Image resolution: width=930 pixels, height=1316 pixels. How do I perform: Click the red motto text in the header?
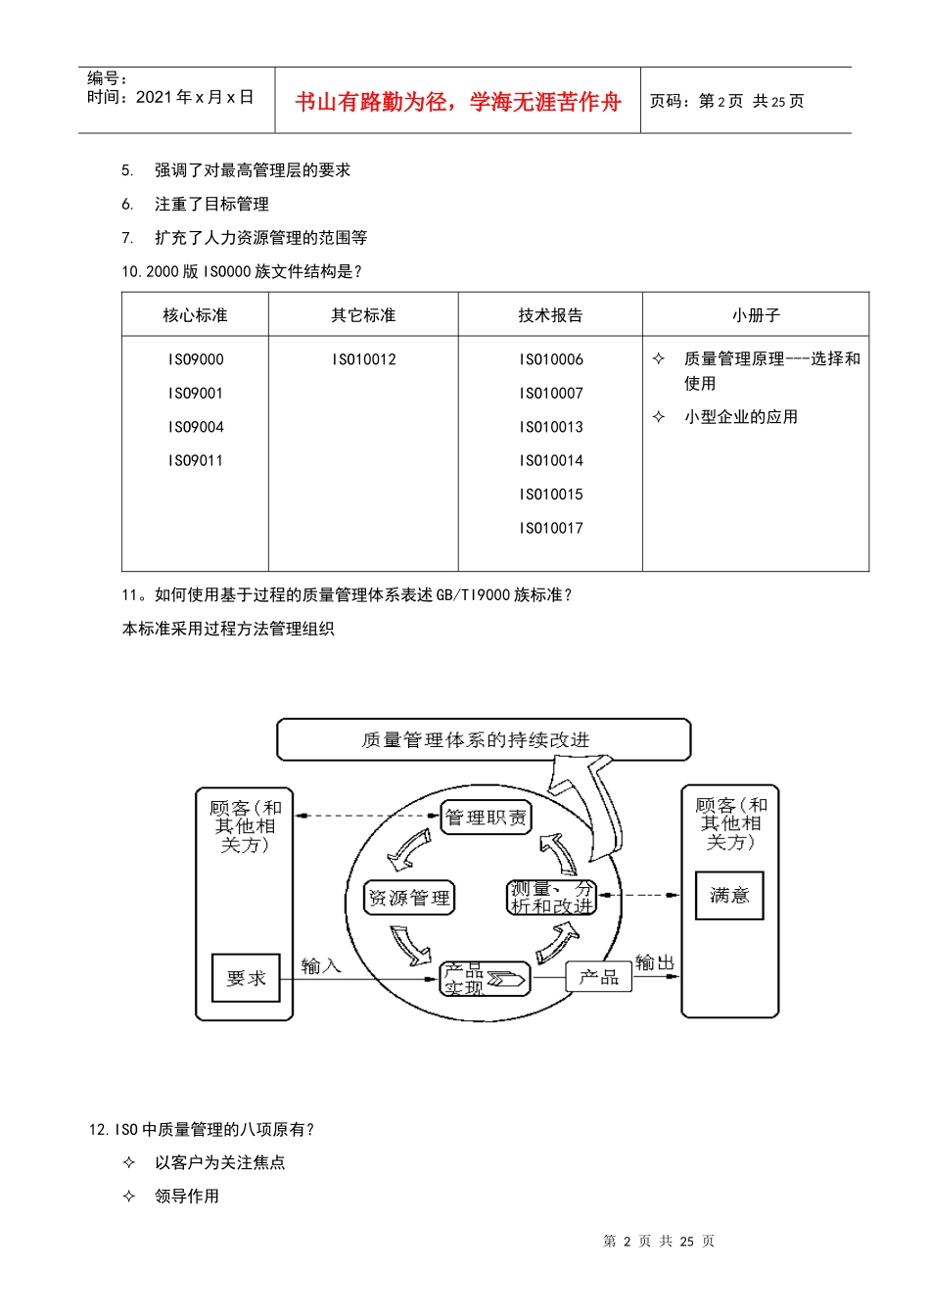(457, 102)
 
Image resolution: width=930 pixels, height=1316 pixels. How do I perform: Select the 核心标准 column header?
(195, 315)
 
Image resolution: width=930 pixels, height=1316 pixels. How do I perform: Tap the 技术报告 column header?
(550, 315)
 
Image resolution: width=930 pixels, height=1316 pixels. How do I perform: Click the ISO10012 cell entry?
(363, 359)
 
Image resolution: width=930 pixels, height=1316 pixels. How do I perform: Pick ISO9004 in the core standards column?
(196, 427)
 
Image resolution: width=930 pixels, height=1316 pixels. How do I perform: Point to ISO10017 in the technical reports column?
(551, 528)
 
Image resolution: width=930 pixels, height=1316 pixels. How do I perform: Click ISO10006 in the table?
(551, 359)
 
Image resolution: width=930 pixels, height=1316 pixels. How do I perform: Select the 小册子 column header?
(756, 315)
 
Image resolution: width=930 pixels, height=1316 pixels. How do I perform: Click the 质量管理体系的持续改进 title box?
(484, 740)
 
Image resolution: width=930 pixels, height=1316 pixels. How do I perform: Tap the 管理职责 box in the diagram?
(486, 818)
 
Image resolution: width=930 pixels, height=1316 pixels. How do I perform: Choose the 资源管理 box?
(409, 898)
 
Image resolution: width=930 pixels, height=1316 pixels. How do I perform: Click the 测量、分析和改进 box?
(551, 898)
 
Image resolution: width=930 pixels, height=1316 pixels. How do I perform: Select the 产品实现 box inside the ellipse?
(484, 978)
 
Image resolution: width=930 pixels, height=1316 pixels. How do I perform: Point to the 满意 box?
(729, 895)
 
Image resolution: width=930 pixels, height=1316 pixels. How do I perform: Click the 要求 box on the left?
(246, 978)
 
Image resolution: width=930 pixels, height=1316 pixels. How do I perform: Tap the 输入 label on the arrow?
(320, 966)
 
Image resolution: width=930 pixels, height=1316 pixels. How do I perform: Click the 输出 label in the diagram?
(655, 963)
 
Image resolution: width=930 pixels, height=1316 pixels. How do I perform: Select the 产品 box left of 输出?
(598, 976)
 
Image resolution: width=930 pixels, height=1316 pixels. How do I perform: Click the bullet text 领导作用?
(187, 1196)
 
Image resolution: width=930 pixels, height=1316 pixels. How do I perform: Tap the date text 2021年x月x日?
(195, 97)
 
